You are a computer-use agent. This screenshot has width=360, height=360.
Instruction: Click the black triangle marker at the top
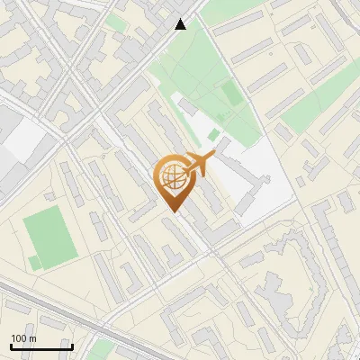181,24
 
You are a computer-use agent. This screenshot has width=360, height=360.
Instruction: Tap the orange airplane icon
198,165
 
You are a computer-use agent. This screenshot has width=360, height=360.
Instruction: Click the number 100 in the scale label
19,338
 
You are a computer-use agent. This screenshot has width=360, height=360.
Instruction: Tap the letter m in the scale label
32,338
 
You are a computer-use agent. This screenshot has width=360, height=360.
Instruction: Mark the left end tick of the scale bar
11,346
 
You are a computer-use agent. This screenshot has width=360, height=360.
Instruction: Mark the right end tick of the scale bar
72,346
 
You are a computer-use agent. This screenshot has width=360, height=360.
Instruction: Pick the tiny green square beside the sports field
34,263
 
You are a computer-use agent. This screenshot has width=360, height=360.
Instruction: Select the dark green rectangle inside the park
231,94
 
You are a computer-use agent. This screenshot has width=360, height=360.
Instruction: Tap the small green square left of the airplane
213,134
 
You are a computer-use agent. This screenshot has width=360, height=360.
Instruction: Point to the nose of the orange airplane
213,157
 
